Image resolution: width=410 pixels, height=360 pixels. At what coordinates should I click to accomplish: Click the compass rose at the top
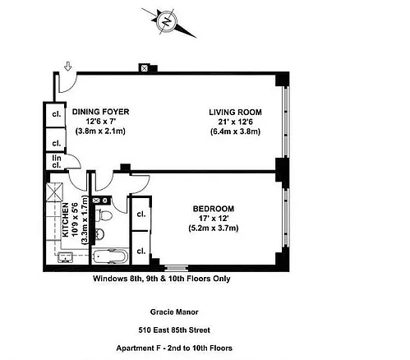(x=166, y=21)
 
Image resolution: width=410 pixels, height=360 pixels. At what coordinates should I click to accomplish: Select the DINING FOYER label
(x=99, y=112)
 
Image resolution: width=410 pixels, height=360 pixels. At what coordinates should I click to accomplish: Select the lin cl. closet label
(x=57, y=162)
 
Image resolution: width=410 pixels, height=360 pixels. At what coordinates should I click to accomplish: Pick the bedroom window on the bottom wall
(x=174, y=267)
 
